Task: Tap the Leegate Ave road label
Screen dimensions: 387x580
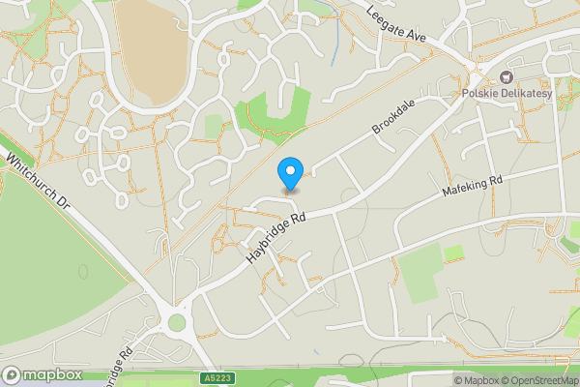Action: pyautogui.click(x=395, y=21)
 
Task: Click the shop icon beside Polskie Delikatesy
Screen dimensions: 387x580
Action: pyautogui.click(x=503, y=78)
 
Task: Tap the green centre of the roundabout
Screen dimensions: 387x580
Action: pyautogui.click(x=177, y=322)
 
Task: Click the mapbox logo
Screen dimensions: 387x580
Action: pyautogui.click(x=43, y=374)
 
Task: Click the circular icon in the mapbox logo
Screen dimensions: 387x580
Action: pyautogui.click(x=13, y=374)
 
